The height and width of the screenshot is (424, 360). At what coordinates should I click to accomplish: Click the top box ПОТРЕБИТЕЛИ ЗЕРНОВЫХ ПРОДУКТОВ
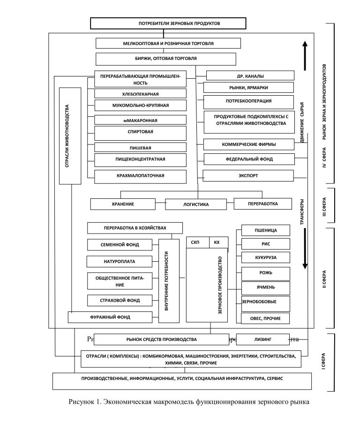(168, 23)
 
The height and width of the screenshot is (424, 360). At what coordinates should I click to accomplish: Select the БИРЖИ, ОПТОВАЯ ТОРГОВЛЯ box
(165, 59)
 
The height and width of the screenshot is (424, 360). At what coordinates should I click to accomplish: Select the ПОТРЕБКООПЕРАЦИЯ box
(249, 101)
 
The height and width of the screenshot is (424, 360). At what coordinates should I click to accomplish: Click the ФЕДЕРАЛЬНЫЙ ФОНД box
(249, 159)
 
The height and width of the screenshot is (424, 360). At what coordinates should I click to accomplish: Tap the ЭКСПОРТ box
(248, 176)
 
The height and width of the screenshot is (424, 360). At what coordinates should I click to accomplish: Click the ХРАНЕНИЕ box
(123, 204)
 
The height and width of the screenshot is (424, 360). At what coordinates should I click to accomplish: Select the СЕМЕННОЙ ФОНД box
(120, 245)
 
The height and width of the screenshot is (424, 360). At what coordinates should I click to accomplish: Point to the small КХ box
(217, 242)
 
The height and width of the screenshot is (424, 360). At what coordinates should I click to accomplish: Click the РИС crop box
(265, 244)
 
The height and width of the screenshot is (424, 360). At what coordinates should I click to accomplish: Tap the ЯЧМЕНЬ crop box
(265, 287)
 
